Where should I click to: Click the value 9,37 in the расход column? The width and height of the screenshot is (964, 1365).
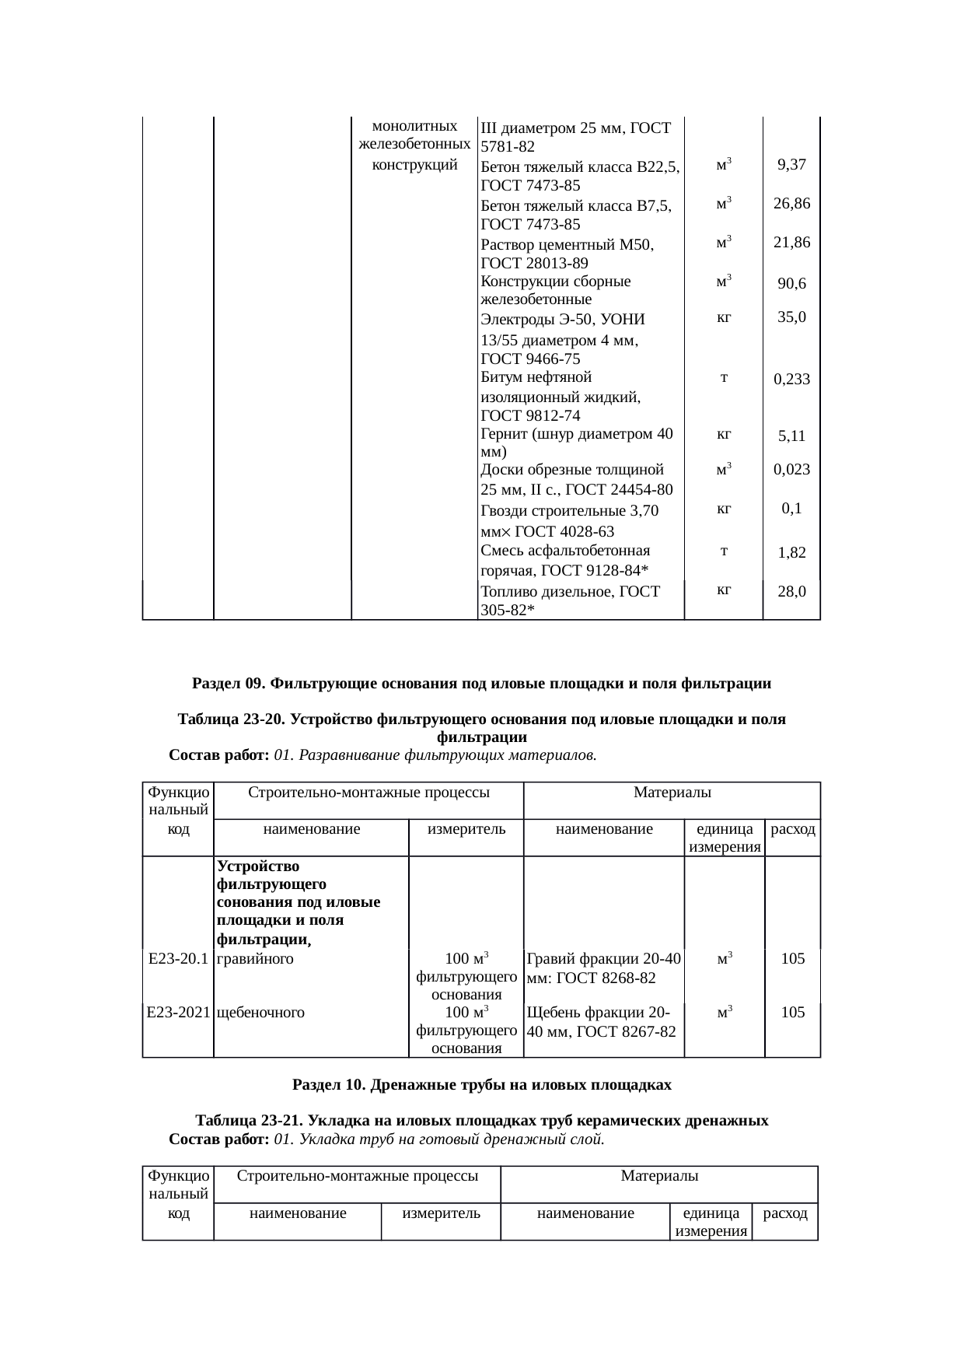[791, 165]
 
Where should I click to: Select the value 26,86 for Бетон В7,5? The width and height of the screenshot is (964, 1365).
[791, 204]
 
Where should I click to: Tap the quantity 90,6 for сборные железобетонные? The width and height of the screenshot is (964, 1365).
[791, 284]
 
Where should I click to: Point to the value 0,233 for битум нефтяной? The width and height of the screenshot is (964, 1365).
[791, 380]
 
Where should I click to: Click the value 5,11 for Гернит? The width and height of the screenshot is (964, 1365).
[791, 436]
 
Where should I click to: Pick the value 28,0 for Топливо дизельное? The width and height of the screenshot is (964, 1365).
[791, 591]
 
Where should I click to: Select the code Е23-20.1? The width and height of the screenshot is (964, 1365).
[178, 958]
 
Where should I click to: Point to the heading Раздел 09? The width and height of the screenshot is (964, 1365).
[481, 684]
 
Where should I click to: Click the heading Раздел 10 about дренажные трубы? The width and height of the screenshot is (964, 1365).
[481, 1083]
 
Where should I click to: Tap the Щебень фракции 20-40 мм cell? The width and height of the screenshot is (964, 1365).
[600, 1022]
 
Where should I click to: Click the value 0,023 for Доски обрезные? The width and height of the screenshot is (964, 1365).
[791, 469]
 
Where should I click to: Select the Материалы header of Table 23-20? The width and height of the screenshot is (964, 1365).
[672, 793]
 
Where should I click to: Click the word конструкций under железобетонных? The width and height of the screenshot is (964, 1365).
[414, 165]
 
